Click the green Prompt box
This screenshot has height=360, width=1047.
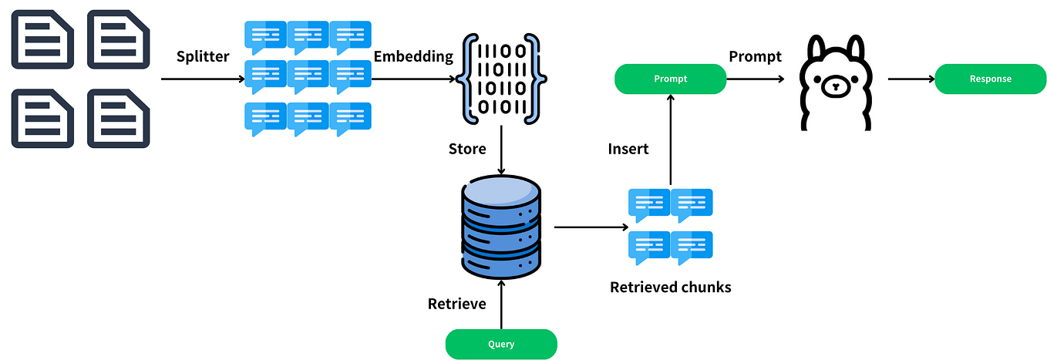pos(670,79)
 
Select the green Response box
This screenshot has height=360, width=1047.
pos(990,79)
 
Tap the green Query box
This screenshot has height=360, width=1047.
pos(501,344)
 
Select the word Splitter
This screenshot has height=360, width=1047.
pos(202,56)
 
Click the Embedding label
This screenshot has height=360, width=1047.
pos(413,56)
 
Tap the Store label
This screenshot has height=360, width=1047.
pos(467,148)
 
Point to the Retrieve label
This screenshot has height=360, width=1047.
pos(457,304)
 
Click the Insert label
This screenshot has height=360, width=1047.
pos(628,148)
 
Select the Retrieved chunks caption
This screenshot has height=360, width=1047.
pos(670,288)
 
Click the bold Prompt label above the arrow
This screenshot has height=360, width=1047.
pos(755,56)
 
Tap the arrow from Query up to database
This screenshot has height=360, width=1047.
pos(501,305)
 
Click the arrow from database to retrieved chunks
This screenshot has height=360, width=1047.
pos(591,227)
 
